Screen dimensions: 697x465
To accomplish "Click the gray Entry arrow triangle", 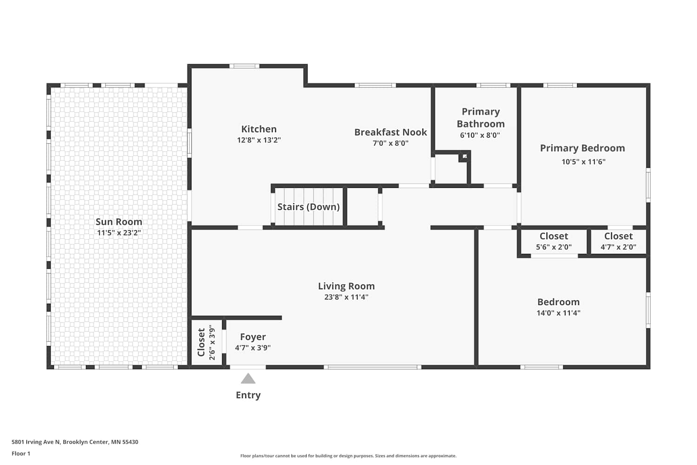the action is pyautogui.click(x=248, y=379).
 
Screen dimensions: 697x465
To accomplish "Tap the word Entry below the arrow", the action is pyautogui.click(x=248, y=395).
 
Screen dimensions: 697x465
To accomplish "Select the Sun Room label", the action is pyautogui.click(x=119, y=222).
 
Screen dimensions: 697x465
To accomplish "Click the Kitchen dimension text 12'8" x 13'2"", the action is pyautogui.click(x=259, y=140).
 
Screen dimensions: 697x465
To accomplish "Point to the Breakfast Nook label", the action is pyautogui.click(x=390, y=132).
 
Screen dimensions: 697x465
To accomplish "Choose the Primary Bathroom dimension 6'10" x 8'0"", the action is pyautogui.click(x=480, y=135).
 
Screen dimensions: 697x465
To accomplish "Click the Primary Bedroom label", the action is pyautogui.click(x=583, y=148).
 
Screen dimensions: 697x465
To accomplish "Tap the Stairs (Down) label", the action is pyautogui.click(x=309, y=207).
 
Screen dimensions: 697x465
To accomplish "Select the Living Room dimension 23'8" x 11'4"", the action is pyautogui.click(x=346, y=297).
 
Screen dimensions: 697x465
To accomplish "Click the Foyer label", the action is pyautogui.click(x=253, y=337).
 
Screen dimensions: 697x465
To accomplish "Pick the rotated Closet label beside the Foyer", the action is pyautogui.click(x=201, y=342).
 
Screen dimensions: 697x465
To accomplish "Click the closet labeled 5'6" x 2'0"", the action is pyautogui.click(x=554, y=242).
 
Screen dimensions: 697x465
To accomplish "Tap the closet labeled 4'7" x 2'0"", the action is pyautogui.click(x=618, y=242).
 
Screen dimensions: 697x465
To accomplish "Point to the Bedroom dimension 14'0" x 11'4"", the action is pyautogui.click(x=559, y=313).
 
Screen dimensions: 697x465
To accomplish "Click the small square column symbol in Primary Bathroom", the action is pyautogui.click(x=465, y=156).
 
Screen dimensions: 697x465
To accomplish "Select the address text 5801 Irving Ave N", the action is pyautogui.click(x=36, y=442).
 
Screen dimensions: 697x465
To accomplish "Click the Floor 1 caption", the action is pyautogui.click(x=21, y=453).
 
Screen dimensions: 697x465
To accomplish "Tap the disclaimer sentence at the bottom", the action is pyautogui.click(x=348, y=456).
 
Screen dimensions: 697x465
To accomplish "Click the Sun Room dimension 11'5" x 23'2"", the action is pyautogui.click(x=119, y=232).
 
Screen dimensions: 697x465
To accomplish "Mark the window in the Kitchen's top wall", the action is pyautogui.click(x=244, y=66).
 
